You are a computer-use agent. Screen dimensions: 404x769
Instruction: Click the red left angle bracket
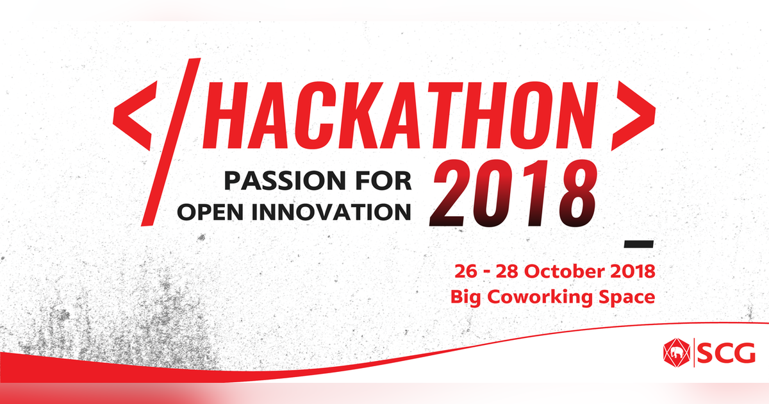(136, 117)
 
